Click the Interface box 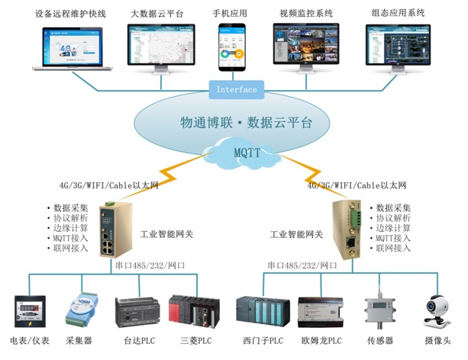[x=237, y=89]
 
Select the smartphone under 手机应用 [x=234, y=44]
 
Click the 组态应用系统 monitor [x=396, y=44]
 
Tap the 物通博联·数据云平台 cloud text [x=244, y=122]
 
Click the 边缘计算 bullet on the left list [x=72, y=228]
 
